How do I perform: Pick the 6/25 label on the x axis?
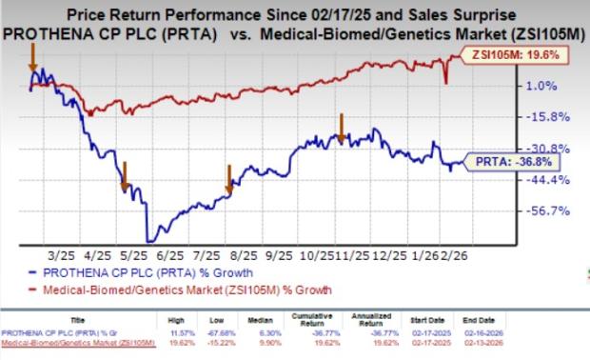[170, 257]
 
